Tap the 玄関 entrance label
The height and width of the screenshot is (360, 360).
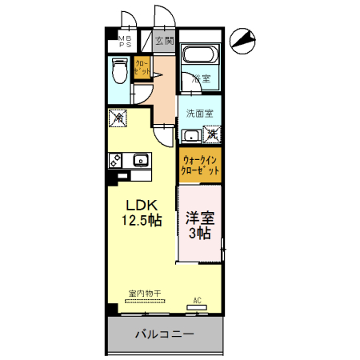tap(164, 40)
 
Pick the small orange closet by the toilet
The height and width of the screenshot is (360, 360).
tap(142, 70)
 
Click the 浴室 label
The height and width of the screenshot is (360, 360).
tap(201, 79)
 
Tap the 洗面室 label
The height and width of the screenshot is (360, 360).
tap(199, 113)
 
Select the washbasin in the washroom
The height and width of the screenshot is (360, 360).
tap(190, 134)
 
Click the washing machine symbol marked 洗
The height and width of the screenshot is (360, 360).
tap(214, 134)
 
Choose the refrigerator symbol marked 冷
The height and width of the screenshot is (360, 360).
tap(117, 118)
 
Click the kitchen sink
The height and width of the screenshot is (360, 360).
tap(140, 158)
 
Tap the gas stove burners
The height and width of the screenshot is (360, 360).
tap(114, 159)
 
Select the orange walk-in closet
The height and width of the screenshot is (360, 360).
tap(199, 166)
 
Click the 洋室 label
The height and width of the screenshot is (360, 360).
tap(200, 218)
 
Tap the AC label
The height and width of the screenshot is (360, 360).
tap(197, 302)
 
